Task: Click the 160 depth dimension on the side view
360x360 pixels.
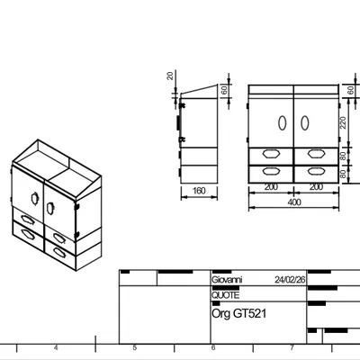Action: click(x=199, y=191)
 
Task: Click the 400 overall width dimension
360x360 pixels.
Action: click(x=293, y=202)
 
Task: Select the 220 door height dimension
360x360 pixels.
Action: click(x=342, y=122)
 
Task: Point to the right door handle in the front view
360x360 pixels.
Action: click(x=303, y=122)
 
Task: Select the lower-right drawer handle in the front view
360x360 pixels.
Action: click(x=316, y=169)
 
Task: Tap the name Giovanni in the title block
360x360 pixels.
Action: click(x=226, y=280)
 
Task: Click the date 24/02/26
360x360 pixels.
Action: click(x=290, y=280)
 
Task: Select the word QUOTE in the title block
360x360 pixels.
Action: click(x=225, y=293)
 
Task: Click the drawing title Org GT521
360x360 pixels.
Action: click(x=238, y=313)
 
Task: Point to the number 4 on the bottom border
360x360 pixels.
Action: click(x=56, y=348)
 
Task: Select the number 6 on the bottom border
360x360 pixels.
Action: click(x=212, y=348)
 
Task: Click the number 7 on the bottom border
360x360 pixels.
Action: click(x=292, y=348)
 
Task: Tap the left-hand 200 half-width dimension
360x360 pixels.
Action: click(x=271, y=187)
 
